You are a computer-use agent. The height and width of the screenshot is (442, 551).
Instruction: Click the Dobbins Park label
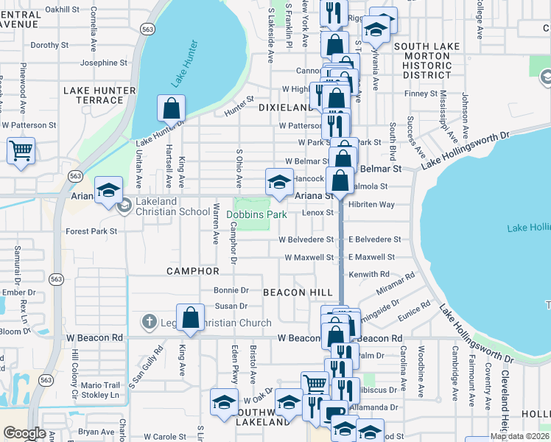coord(256,215)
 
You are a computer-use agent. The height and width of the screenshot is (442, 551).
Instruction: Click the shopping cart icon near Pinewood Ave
coord(21,152)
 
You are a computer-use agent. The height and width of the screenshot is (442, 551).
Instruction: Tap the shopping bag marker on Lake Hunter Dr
coord(171,109)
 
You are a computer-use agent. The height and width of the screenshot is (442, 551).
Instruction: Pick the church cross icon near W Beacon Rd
coord(149,321)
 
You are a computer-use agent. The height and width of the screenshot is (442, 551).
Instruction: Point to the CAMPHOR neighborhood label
coord(193,271)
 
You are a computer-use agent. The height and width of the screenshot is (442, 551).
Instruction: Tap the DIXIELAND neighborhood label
coord(287,108)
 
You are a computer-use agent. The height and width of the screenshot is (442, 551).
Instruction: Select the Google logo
coord(24,433)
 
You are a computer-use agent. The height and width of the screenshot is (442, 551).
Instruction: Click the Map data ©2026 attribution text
coord(519,436)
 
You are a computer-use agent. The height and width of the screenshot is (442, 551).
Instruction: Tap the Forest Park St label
coord(91,231)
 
